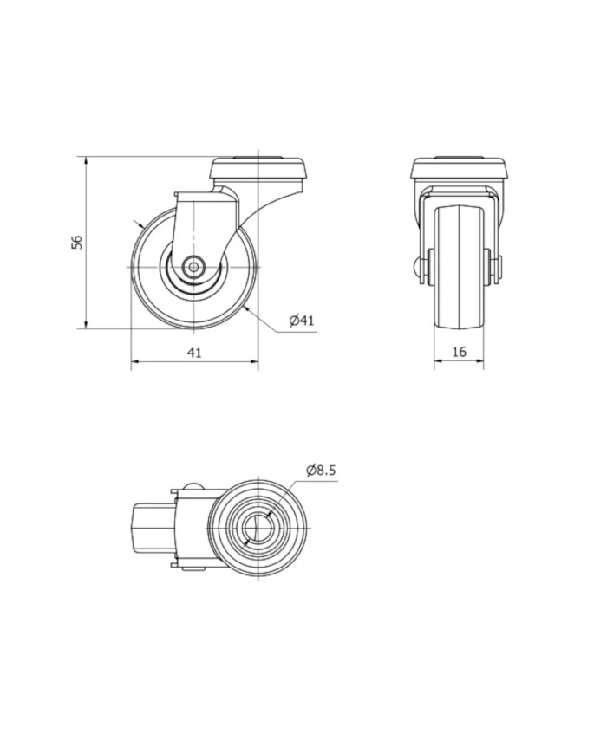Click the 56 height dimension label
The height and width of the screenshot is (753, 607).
[77, 242]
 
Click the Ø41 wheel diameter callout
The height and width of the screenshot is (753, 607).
[302, 321]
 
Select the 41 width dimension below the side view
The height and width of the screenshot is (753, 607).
[194, 353]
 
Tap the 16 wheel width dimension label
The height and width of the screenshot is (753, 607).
[460, 352]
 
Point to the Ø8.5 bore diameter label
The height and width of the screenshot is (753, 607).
[321, 471]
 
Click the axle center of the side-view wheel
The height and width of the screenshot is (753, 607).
[193, 267]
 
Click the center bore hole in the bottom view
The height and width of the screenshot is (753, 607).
[258, 528]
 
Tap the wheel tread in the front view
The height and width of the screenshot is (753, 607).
[459, 267]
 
